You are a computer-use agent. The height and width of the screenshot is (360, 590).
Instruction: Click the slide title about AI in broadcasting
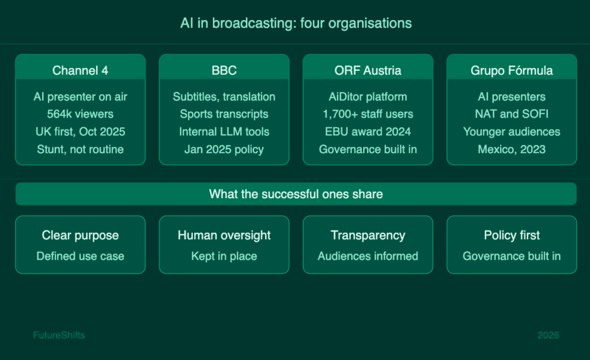click(x=296, y=23)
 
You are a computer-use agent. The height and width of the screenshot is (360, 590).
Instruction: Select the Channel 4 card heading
click(x=80, y=70)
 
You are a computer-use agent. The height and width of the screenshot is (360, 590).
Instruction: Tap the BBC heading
click(x=224, y=70)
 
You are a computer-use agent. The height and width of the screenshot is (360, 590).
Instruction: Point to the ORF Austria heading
click(x=368, y=70)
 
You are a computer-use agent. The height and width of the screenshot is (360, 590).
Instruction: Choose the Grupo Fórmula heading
click(x=512, y=70)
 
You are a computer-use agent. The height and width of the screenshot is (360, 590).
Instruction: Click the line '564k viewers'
click(x=80, y=114)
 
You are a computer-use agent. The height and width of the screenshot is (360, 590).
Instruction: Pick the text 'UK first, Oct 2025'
click(x=80, y=132)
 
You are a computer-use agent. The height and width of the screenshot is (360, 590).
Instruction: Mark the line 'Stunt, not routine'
click(x=80, y=149)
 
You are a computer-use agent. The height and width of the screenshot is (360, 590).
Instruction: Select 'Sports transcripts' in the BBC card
click(x=224, y=114)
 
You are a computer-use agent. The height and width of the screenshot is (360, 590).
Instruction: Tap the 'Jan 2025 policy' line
click(x=224, y=149)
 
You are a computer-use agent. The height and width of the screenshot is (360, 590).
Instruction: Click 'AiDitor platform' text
click(x=368, y=97)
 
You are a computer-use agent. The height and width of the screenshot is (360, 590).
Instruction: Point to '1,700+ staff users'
click(x=368, y=114)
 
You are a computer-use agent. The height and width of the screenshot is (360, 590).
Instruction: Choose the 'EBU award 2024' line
click(x=368, y=132)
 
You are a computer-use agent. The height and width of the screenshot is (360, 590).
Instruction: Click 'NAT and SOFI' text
click(x=512, y=114)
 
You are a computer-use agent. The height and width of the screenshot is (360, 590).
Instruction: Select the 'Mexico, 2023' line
click(x=512, y=149)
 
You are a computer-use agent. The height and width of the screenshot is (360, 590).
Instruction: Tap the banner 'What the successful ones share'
click(x=296, y=194)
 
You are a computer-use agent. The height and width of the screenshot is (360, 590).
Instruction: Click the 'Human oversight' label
click(x=224, y=235)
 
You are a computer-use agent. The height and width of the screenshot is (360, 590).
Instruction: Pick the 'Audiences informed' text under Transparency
click(x=368, y=256)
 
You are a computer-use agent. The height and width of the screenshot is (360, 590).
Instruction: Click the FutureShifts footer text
click(x=59, y=335)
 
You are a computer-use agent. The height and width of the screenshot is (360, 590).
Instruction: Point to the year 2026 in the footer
click(x=549, y=335)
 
